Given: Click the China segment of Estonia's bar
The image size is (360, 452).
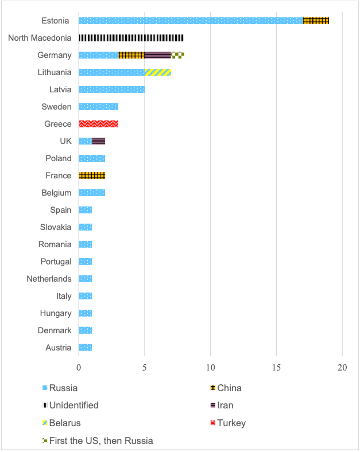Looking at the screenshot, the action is [x=316, y=21].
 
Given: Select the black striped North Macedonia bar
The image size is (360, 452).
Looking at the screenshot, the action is [x=131, y=38].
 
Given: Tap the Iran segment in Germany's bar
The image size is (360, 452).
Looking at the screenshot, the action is [x=158, y=55].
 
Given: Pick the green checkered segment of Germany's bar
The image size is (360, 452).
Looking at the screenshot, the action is [x=177, y=55].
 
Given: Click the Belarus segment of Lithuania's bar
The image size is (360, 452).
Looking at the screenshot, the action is [x=158, y=72].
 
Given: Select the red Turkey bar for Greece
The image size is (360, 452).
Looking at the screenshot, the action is [x=99, y=124].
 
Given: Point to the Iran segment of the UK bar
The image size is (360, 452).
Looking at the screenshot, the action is [x=98, y=141].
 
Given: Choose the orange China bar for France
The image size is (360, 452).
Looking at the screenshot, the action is [x=92, y=176].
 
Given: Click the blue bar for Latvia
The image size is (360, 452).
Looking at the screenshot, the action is [x=111, y=89].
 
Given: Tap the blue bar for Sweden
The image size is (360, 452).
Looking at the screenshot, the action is [x=99, y=107].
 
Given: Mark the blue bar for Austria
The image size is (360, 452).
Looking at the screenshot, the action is [x=86, y=348].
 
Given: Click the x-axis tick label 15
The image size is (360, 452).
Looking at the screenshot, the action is [x=276, y=368].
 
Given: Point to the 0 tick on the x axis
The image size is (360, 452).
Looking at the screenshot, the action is [x=79, y=368].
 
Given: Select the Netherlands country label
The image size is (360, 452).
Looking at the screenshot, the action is [x=49, y=279].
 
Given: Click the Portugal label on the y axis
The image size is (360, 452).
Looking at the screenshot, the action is [x=56, y=262].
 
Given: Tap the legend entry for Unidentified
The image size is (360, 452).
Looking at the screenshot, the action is [x=71, y=406].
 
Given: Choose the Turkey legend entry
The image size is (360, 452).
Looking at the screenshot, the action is [x=228, y=423].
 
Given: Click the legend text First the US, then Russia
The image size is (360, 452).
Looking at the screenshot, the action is [x=101, y=441].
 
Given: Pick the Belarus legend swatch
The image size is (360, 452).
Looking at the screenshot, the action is [x=45, y=423].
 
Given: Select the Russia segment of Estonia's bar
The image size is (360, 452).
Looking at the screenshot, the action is [x=191, y=21].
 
